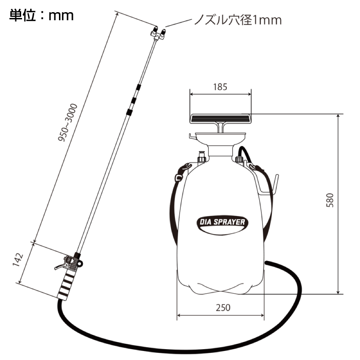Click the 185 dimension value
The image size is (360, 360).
pos(220,87)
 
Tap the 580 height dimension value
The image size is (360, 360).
pos(330,200)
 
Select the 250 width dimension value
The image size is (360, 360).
pos(223,308)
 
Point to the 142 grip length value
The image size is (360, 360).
pos(18,260)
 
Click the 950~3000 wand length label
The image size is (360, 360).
pos(67,122)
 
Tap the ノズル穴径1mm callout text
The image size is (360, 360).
pos(238,20)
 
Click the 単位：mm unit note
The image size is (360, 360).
pos(41,15)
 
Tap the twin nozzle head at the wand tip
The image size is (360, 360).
pos(158,33)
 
